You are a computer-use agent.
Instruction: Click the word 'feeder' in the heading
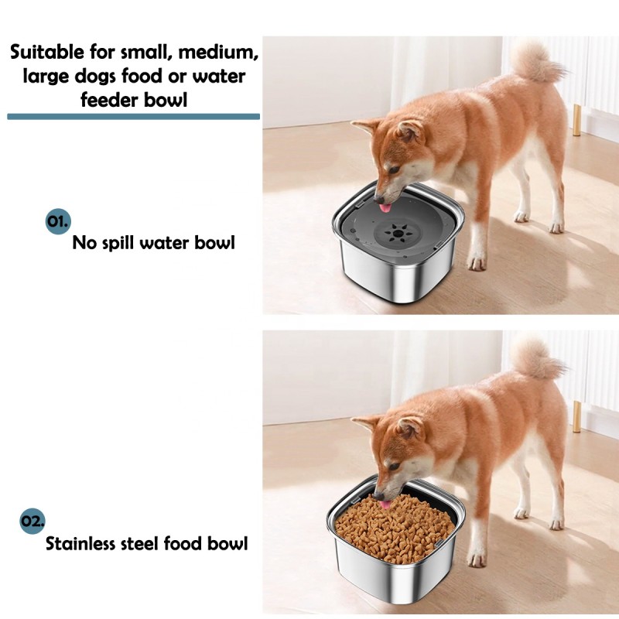[115, 101]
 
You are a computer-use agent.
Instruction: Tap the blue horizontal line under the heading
[133, 116]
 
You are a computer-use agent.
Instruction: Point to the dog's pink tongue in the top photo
[385, 207]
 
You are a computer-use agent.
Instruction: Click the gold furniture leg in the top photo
[576, 121]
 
